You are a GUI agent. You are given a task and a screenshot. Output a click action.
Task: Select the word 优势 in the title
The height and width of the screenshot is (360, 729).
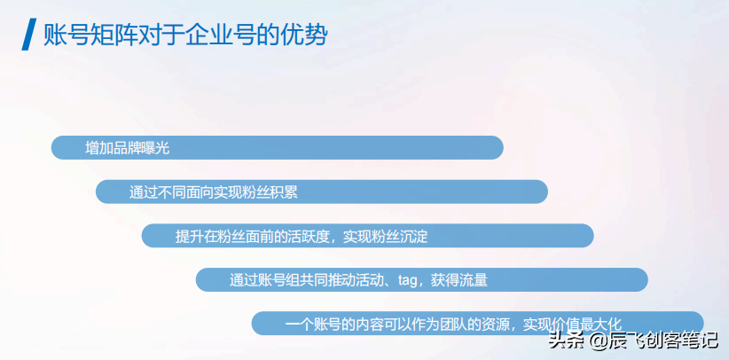click(305, 35)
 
